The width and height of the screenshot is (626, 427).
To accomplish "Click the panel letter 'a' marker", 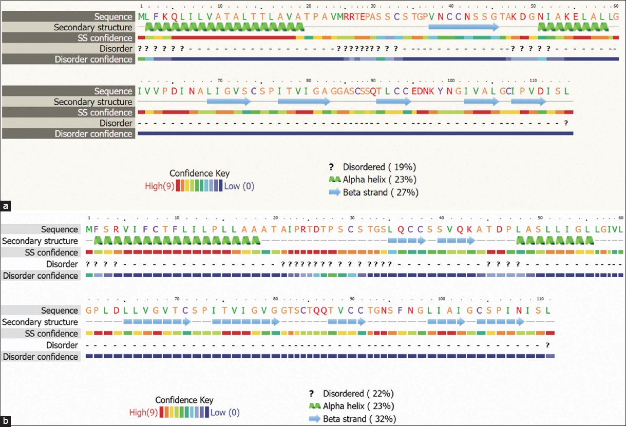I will click(x=6, y=206).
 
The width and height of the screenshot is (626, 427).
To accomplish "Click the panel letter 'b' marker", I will click(x=6, y=422).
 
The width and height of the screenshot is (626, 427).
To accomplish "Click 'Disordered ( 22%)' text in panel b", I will click(x=358, y=394).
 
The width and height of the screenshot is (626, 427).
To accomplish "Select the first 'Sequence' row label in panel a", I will click(x=113, y=17).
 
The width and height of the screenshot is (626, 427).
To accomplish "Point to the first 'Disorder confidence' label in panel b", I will click(x=41, y=276).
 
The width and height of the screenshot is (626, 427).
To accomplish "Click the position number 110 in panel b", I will click(x=540, y=299).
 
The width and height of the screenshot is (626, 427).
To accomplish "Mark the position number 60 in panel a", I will click(x=615, y=6).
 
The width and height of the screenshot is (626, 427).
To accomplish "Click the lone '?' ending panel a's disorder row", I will click(x=566, y=123).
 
